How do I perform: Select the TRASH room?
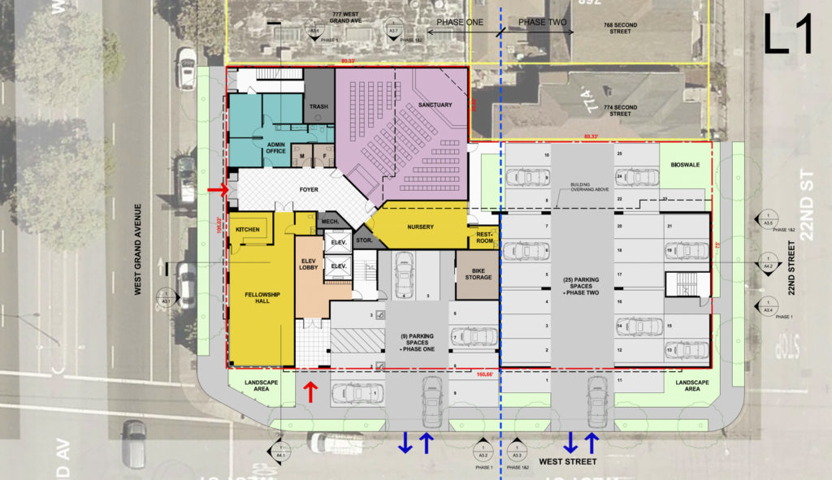(x=318, y=106)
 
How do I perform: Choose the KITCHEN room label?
(x=247, y=230)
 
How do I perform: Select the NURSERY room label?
(x=420, y=227)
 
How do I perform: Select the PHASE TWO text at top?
(x=542, y=22)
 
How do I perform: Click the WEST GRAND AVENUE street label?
(x=139, y=248)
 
